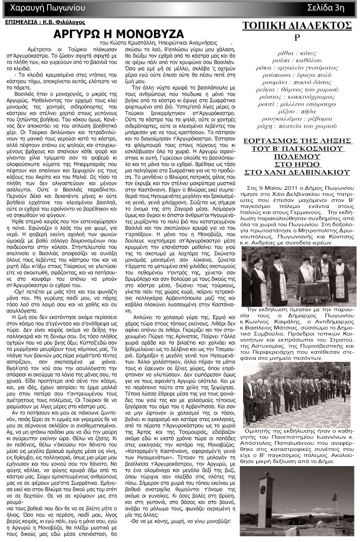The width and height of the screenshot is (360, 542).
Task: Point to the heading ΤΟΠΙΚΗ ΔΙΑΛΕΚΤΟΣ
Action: (297, 25)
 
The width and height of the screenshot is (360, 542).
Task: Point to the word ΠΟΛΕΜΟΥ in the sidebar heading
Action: (297, 164)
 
